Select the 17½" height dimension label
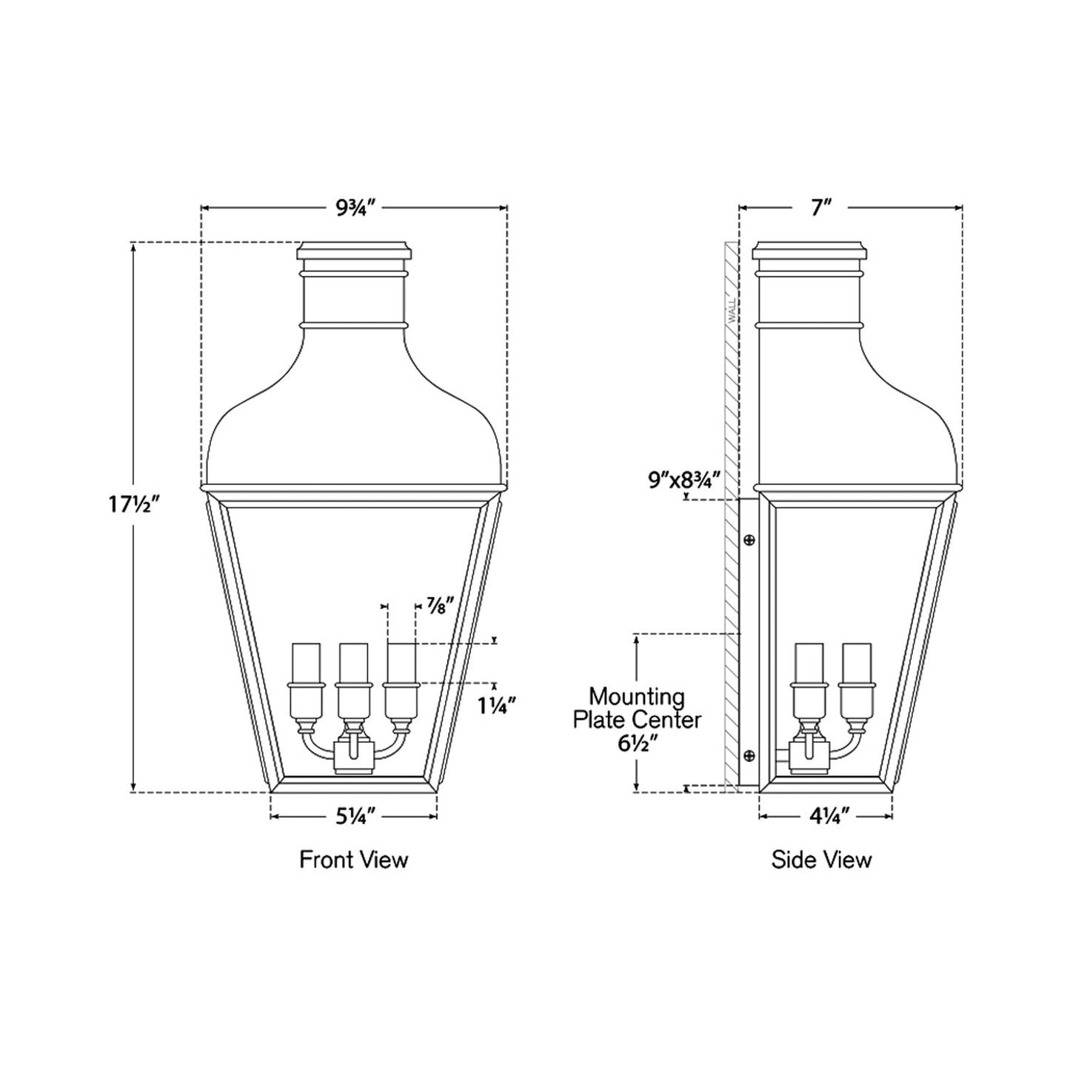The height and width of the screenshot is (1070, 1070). pos(133,505)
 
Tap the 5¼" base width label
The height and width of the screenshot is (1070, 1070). pos(355,817)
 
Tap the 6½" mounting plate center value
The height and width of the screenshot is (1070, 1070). pos(637,741)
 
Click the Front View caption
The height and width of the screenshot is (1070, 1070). pos(353,860)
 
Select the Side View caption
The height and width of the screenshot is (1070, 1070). pos(821,860)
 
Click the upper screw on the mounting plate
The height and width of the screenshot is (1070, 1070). pos(749,540)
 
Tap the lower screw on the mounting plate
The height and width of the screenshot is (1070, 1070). pos(749,755)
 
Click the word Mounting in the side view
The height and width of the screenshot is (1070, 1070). pos(637,697)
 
